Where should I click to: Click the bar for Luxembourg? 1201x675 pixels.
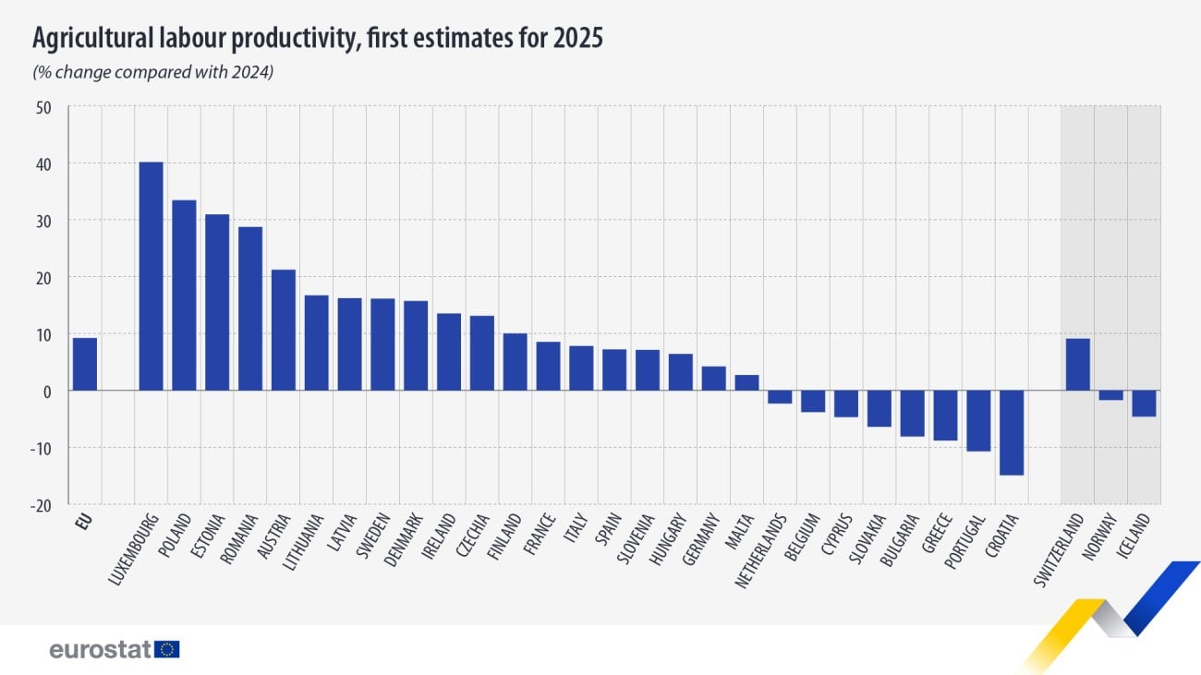(151, 276)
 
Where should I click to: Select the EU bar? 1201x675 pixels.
(85, 364)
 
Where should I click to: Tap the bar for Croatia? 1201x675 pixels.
(1012, 432)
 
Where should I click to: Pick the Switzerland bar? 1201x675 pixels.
(1077, 365)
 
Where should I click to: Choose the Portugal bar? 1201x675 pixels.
(978, 420)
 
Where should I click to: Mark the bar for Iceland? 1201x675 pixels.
(1144, 404)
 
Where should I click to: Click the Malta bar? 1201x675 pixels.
(746, 382)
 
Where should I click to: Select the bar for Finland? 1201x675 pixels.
(515, 362)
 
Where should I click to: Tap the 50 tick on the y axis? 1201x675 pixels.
(44, 107)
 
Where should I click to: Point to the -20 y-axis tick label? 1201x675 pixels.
(42, 504)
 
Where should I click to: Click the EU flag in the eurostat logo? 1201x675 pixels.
(167, 649)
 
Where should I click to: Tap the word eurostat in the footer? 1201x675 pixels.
(100, 649)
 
